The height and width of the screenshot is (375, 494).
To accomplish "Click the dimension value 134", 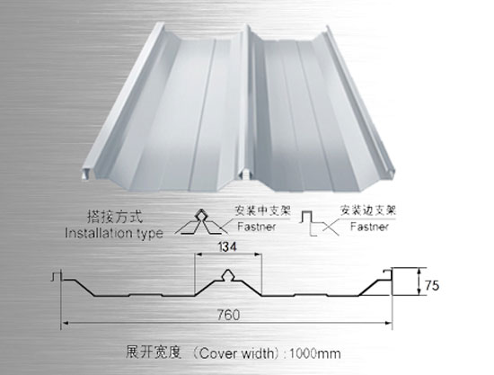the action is coord(227,247).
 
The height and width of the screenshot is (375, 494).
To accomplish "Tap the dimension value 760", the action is coord(228,315).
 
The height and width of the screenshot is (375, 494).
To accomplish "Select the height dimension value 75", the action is coord(432,285).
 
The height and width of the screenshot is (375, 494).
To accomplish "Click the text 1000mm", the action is coord(315,353).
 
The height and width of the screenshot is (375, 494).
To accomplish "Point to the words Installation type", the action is coord(114,234).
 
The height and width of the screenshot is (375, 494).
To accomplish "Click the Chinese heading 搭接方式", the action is coord(115,217).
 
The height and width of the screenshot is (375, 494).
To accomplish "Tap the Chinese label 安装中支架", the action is coord(262,210).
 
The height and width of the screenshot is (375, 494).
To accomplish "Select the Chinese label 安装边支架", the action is coord(367,210).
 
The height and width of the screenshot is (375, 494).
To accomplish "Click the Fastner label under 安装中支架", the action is coord(257,227).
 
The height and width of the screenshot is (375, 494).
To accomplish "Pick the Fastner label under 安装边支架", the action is coord(369,226).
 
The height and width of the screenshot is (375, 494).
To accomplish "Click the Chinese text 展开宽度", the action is coord(154,353).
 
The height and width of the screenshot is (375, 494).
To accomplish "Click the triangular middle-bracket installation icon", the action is coord(201,222).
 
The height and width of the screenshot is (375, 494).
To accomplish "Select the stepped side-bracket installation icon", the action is coord(318,223).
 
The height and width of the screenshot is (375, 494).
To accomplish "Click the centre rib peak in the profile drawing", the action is coord(228,271).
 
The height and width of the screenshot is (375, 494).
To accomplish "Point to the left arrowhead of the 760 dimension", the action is coord(64,323).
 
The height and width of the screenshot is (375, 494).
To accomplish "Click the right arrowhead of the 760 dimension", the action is coord(391,323).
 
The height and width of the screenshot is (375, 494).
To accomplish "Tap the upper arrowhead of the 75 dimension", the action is coord(419,269).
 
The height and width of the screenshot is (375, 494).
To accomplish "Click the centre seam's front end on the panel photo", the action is coord(246,174).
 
